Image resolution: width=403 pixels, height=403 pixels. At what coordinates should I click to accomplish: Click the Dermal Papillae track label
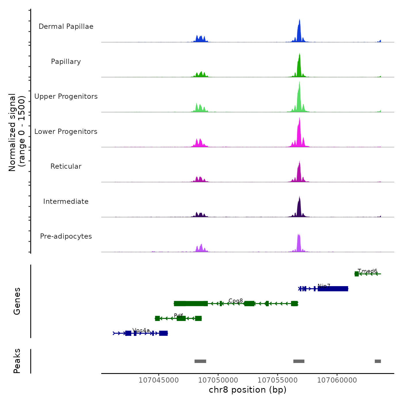click(66, 26)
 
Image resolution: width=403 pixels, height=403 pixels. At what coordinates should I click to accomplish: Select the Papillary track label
click(66, 62)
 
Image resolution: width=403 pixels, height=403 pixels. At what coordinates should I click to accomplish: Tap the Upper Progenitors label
click(66, 96)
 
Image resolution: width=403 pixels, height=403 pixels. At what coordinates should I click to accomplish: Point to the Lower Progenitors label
click(66, 132)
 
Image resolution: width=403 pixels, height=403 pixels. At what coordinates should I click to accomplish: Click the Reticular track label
click(66, 166)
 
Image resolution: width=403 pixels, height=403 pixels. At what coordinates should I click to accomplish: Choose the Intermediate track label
click(66, 201)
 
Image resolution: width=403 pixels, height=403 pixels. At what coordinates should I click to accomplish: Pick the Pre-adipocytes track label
click(66, 236)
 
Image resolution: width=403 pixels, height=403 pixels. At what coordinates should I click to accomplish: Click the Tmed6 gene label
click(367, 271)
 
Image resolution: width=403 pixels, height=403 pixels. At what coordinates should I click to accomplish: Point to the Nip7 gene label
click(324, 286)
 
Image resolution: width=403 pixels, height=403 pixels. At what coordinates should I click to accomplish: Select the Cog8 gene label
click(236, 301)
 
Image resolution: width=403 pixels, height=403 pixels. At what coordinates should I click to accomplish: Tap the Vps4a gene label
click(141, 330)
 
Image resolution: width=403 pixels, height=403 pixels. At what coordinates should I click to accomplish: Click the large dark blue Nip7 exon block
click(333, 289)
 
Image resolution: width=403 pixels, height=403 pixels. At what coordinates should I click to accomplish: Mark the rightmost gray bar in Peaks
click(378, 361)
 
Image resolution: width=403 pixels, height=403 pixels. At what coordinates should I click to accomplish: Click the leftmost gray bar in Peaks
click(200, 361)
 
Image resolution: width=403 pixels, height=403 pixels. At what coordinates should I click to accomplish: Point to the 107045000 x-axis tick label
click(159, 380)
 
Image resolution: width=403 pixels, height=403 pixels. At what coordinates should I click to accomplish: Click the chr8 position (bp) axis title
click(248, 390)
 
